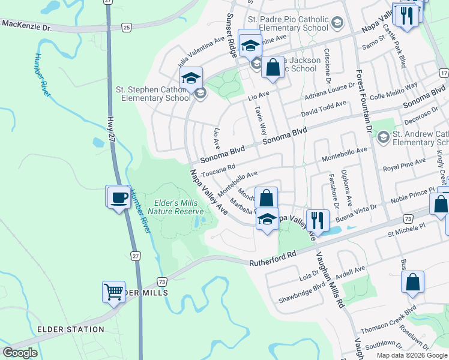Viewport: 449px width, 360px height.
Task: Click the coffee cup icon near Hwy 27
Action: (x=119, y=196)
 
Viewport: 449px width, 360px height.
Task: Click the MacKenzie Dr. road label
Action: (x=27, y=26)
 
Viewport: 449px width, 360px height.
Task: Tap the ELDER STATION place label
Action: (x=70, y=329)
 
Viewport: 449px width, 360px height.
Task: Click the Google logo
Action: (x=20, y=353)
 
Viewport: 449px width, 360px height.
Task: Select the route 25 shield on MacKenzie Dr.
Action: (x=126, y=28)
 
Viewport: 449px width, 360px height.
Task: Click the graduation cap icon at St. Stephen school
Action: (x=191, y=78)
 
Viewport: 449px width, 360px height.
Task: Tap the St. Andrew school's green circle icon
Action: (x=383, y=139)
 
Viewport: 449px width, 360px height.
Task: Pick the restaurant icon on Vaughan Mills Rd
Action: (x=316, y=220)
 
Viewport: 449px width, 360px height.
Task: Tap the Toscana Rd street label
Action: (x=217, y=172)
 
